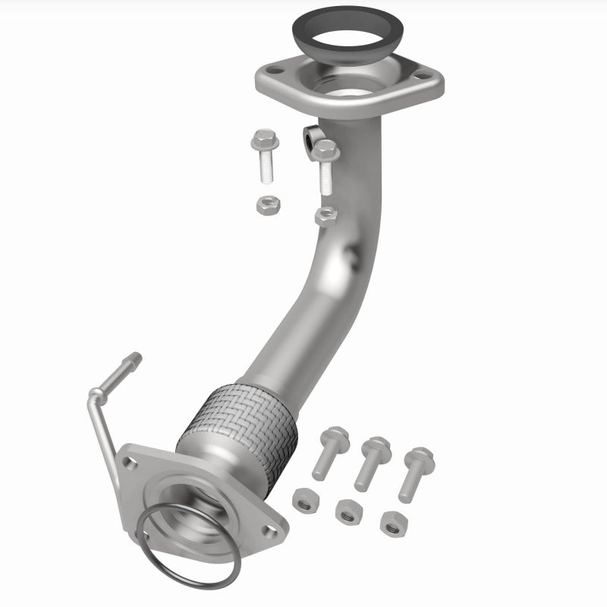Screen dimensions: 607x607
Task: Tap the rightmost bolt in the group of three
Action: tap(414, 470)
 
